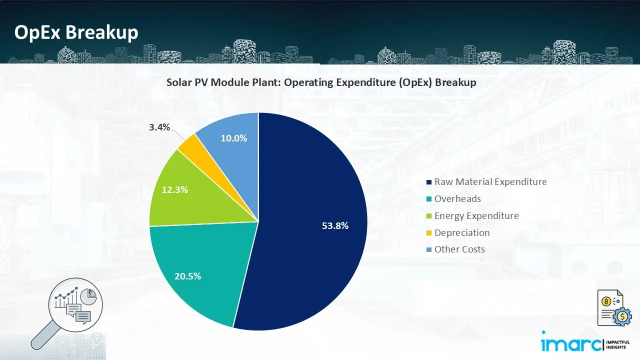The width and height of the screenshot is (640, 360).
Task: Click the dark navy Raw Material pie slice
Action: tap(310, 200)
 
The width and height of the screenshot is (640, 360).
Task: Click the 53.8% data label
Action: tap(335, 225)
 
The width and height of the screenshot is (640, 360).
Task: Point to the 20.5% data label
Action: tap(187, 275)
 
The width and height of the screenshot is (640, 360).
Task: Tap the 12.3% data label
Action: tap(175, 190)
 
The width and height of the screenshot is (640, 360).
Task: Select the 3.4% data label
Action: tap(159, 127)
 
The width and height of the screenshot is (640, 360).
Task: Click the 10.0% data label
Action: tap(234, 138)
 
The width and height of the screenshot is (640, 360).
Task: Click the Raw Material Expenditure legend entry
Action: tap(490, 182)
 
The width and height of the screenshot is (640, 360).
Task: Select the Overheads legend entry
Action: tap(457, 199)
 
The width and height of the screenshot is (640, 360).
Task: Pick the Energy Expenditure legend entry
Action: tap(476, 216)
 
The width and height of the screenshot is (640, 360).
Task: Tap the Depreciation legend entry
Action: tap(461, 233)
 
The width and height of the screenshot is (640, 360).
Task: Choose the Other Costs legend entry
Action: tap(459, 249)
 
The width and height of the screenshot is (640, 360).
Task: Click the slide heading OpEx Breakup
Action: tap(76, 32)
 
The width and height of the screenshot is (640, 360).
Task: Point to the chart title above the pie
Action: tap(321, 83)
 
